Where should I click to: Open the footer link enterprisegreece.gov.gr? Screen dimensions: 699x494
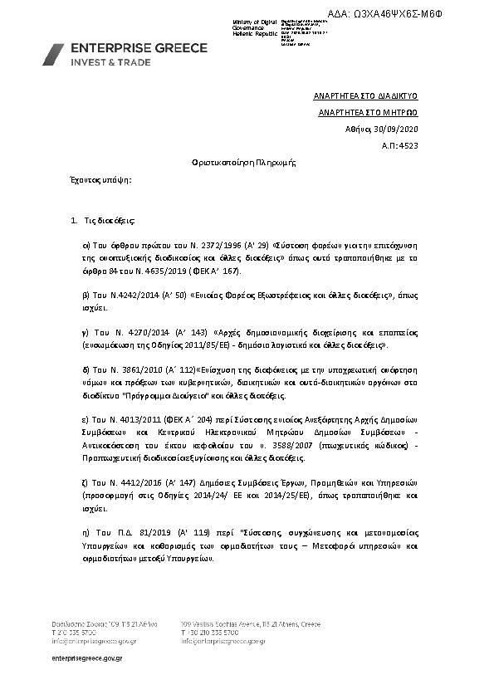[x=87, y=657]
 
